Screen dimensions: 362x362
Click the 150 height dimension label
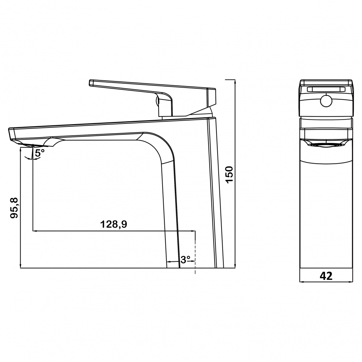pos(230,174)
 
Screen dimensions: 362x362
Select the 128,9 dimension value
pos(114,224)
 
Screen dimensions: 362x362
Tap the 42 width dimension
pos(326,275)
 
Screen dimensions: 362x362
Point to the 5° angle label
pos(39,153)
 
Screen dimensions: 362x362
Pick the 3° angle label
pos(185,260)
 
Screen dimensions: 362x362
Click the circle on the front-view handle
pos(326,101)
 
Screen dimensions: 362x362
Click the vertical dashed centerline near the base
pos(195,252)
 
